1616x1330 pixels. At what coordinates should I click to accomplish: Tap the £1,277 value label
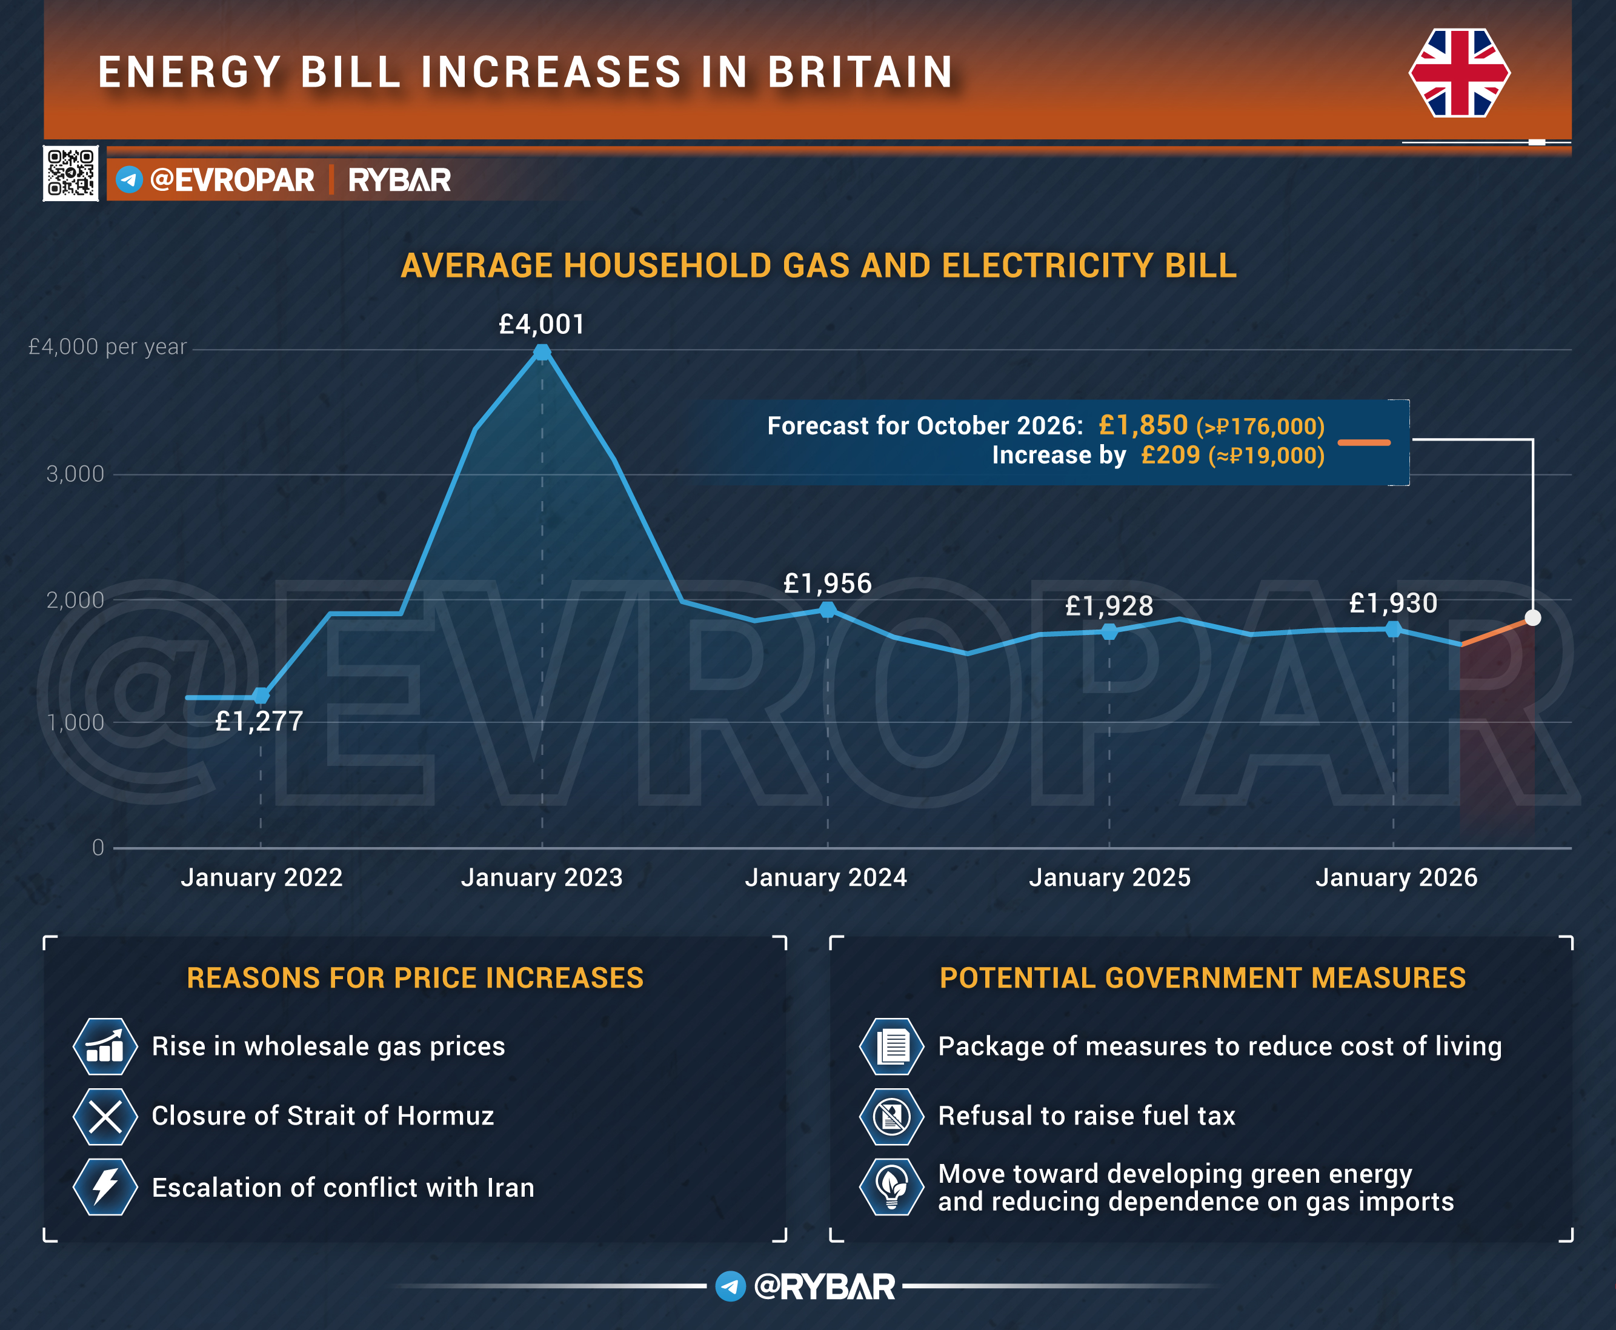coord(259,721)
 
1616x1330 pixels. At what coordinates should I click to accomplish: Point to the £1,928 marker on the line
coord(1109,632)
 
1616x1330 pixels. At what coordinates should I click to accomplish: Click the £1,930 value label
coord(1393,603)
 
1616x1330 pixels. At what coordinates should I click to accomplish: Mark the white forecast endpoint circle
coord(1532,618)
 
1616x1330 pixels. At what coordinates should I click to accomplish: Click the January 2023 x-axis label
coord(542,877)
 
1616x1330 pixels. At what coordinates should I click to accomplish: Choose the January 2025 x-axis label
coord(1109,877)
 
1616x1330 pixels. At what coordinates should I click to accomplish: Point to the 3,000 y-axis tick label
coord(75,474)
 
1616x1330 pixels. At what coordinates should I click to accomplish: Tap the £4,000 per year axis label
coord(107,347)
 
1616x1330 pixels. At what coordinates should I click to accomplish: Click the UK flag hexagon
coord(1459,73)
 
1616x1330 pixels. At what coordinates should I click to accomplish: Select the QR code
coord(70,173)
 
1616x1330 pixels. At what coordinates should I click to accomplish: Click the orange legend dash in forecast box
coord(1364,443)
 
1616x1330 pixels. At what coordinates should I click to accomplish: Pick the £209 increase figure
coord(1171,455)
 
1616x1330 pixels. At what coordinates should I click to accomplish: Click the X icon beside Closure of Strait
coord(105,1116)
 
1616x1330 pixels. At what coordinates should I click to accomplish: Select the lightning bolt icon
coord(105,1187)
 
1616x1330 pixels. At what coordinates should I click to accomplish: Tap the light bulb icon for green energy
coord(891,1187)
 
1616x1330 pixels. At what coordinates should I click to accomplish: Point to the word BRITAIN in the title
coord(861,73)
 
